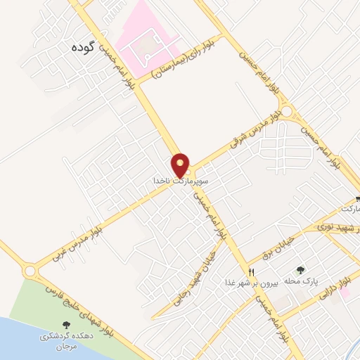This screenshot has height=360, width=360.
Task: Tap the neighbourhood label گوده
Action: [x=82, y=48]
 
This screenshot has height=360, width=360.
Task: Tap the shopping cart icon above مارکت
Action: [x=358, y=199]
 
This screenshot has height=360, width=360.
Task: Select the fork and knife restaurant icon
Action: [x=252, y=271]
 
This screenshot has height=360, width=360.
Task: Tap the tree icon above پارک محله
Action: [x=302, y=270]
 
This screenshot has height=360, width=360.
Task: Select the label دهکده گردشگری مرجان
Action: [x=66, y=341]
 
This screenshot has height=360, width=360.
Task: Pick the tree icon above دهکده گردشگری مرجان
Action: [x=67, y=325]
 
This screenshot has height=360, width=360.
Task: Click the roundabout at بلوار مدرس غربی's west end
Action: [x=30, y=271]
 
